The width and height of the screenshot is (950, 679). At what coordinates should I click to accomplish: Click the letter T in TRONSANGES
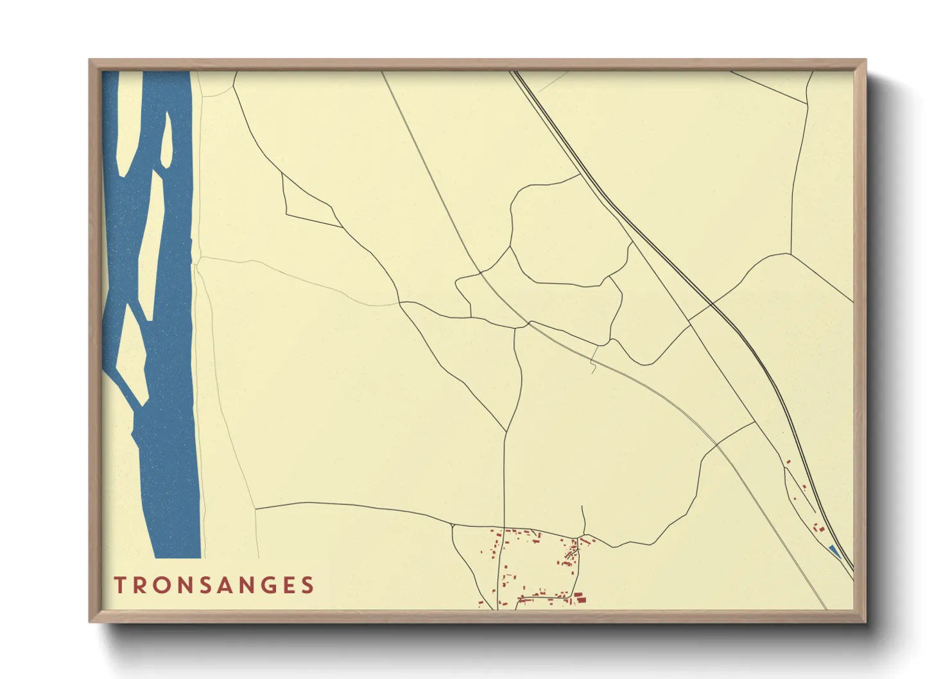click(120, 585)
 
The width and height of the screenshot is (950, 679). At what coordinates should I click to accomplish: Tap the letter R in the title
click(143, 585)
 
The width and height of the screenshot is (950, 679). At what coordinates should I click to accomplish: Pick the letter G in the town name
click(282, 585)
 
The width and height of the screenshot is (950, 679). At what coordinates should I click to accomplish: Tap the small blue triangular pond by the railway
click(834, 551)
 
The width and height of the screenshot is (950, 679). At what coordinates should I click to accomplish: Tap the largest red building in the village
click(581, 599)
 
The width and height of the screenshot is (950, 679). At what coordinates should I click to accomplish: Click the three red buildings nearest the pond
click(818, 528)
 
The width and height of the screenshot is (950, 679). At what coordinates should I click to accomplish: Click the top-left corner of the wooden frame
click(92, 62)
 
